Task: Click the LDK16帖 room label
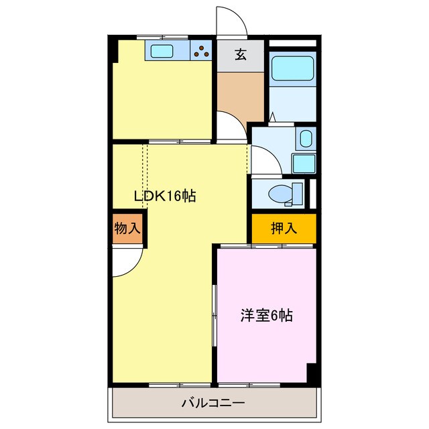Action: tap(165, 196)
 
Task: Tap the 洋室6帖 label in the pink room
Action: tap(267, 314)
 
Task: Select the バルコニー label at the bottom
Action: tap(213, 404)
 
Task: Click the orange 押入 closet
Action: tap(284, 229)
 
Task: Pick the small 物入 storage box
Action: tap(127, 229)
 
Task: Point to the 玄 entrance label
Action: tap(240, 55)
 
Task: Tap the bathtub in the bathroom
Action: tap(292, 68)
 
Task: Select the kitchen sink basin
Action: tap(162, 50)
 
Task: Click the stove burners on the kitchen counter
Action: tap(200, 50)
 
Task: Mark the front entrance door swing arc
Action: tap(231, 21)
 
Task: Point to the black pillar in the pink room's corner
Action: tap(312, 373)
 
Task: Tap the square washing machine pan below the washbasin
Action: tap(304, 164)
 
